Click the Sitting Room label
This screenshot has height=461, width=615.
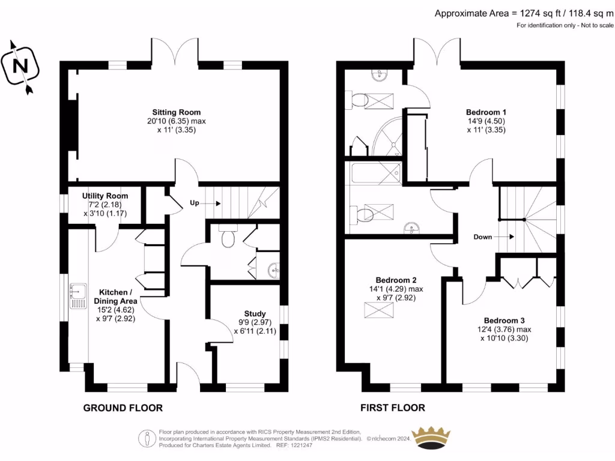coord(177,112)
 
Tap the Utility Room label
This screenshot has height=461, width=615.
coord(105,196)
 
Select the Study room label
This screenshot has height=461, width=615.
coord(255,313)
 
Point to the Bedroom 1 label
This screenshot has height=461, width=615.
coord(486,112)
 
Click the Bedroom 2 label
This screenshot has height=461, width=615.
coord(396,280)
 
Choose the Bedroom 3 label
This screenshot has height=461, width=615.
coord(504,321)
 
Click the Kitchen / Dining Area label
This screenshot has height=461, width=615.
coord(115,297)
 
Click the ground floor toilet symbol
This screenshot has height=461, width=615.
coord(228,236)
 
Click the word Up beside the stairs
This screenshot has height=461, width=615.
coord(195,203)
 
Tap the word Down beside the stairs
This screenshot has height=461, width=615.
coord(482,237)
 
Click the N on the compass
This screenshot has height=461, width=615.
coord(20,65)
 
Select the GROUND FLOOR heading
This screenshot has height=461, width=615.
coord(123,408)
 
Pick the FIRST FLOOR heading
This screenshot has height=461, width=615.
coord(393,408)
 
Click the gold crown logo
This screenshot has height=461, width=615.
coord(431,438)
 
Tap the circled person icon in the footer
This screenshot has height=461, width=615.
coord(148,439)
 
